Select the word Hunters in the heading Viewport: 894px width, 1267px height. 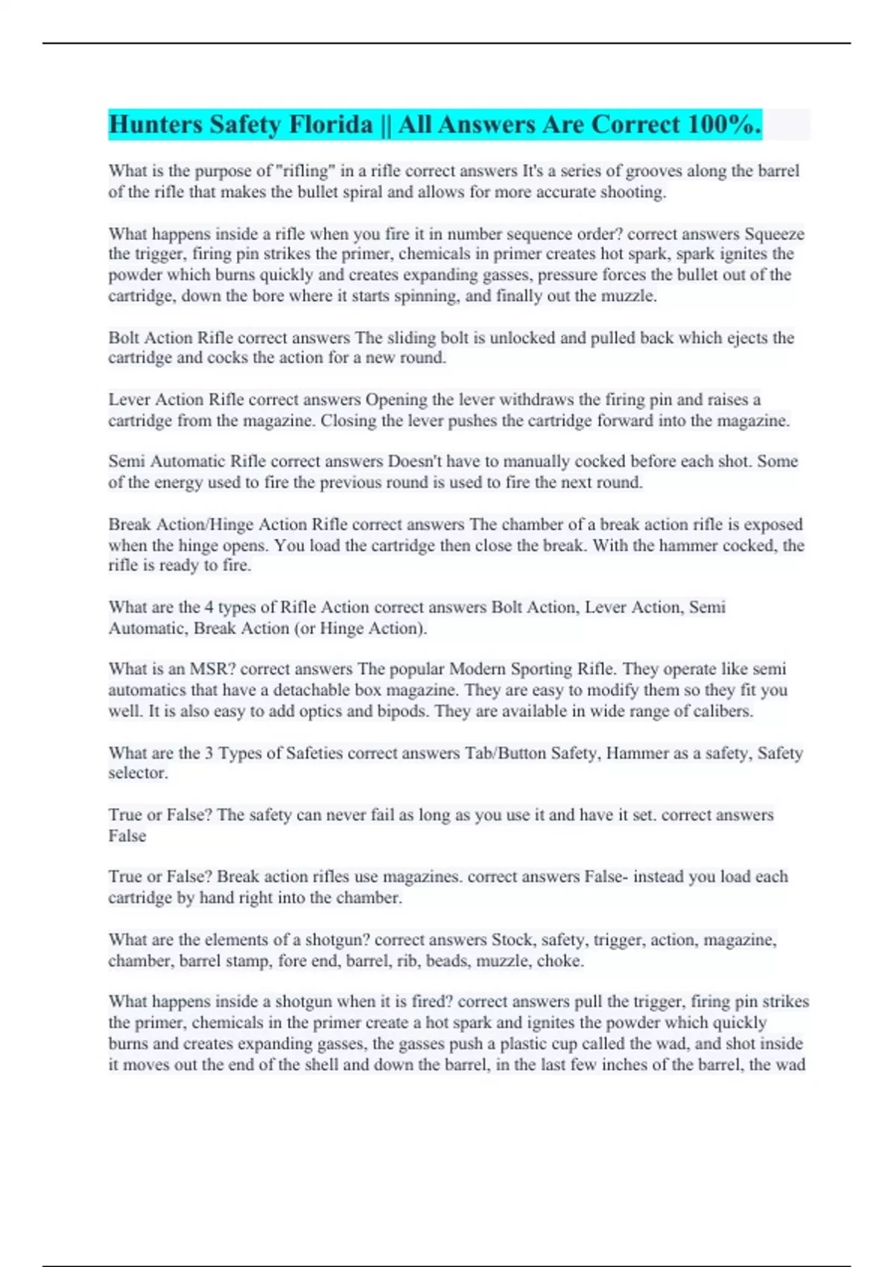(x=156, y=124)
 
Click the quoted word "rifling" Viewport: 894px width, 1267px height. (x=305, y=171)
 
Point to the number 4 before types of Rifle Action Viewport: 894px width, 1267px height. (x=209, y=607)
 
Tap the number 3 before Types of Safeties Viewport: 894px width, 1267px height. (x=209, y=753)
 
